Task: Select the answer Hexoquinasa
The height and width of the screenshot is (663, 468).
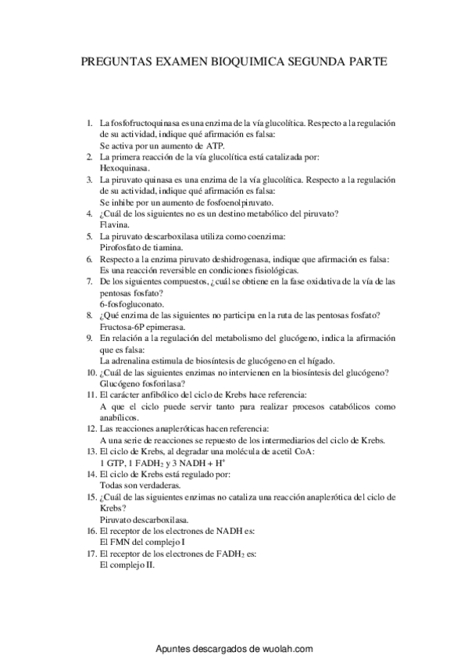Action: (x=125, y=167)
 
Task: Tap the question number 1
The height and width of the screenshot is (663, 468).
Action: (x=90, y=123)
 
